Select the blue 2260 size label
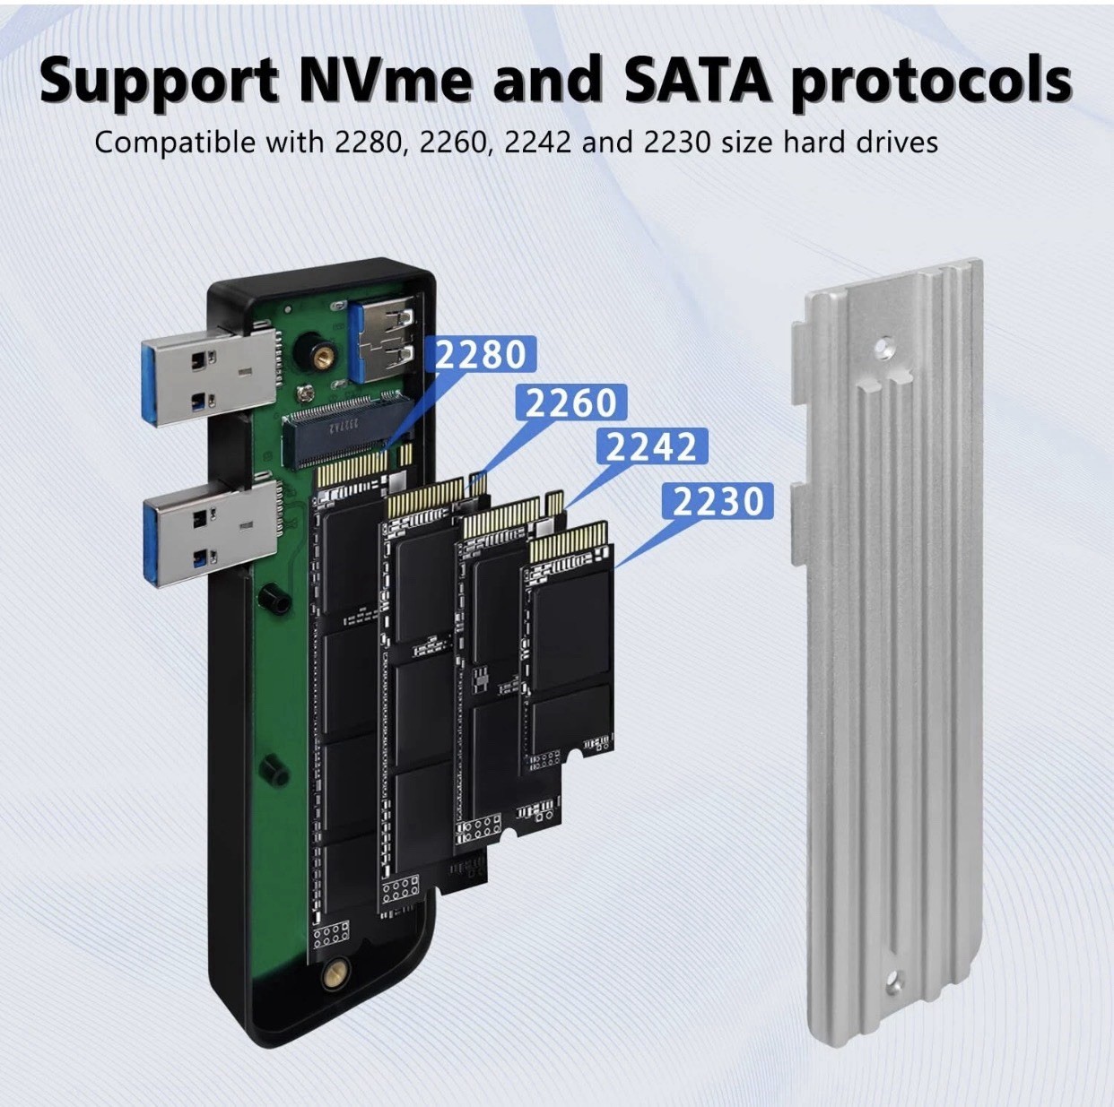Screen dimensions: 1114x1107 [x=571, y=403]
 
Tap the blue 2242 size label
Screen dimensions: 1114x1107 [x=652, y=446]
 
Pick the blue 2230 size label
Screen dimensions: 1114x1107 [x=718, y=501]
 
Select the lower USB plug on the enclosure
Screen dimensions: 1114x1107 [x=211, y=533]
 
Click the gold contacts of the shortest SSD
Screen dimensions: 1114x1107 [x=568, y=542]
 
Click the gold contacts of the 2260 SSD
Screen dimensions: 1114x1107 [x=425, y=497]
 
